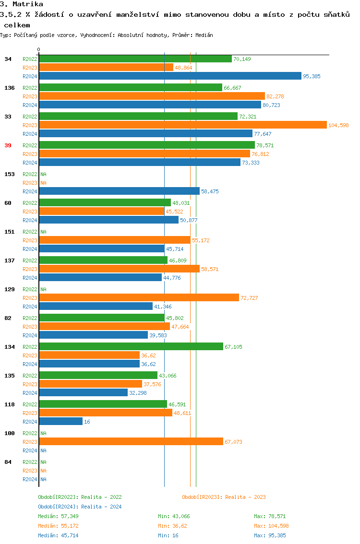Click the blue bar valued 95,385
pyautogui.click(x=170, y=76)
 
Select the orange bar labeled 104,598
pyautogui.click(x=183, y=125)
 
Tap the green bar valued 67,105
pyautogui.click(x=131, y=346)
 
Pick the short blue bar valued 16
pyautogui.click(x=61, y=421)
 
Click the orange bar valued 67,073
pyautogui.click(x=131, y=441)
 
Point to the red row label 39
pyautogui.click(x=8, y=145)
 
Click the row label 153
pyautogui.click(x=10, y=174)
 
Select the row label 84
pyautogui.click(x=8, y=462)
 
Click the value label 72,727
pyautogui.click(x=249, y=298)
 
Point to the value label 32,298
pyautogui.click(x=138, y=393)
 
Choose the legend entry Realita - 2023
pyautogui.click(x=224, y=497)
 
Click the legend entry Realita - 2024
pyautogui.click(x=80, y=507)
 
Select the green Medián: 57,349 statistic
pyautogui.click(x=58, y=516)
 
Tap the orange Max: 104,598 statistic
pyautogui.click(x=271, y=526)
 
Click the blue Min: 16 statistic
pyautogui.click(x=168, y=535)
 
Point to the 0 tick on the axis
pyautogui.click(x=39, y=49)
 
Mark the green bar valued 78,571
pyautogui.click(x=147, y=145)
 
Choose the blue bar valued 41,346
pyautogui.click(x=96, y=306)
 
